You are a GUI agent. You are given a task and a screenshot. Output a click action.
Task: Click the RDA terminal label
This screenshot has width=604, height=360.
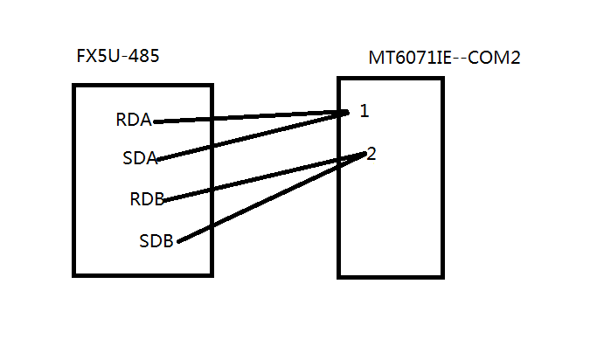134,121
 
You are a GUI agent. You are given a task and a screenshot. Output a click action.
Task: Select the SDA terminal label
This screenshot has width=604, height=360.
140,158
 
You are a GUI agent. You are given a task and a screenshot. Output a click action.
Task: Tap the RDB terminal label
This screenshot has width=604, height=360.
147,199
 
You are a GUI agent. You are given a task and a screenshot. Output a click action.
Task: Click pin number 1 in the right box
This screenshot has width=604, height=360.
364,112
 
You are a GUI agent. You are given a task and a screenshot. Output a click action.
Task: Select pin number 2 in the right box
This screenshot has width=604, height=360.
371,154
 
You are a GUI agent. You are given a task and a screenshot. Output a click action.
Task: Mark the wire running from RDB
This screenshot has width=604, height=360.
262,177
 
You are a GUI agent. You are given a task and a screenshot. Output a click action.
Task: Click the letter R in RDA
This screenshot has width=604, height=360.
121,121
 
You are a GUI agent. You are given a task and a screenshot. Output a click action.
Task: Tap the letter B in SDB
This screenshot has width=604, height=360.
170,240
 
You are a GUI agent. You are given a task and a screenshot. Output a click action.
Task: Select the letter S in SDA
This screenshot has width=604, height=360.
128,158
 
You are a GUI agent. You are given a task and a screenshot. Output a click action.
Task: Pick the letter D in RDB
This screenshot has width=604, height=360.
147,199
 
